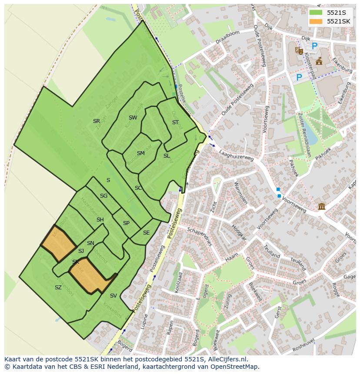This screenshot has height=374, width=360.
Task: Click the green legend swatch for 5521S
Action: pyautogui.click(x=316, y=13)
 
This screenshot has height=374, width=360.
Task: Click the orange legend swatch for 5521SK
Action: pyautogui.click(x=316, y=21)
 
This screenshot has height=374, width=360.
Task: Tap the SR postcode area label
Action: pyautogui.click(x=97, y=121)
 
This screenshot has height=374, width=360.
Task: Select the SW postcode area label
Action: pyautogui.click(x=133, y=118)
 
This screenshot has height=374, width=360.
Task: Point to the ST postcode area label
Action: pyautogui.click(x=175, y=122)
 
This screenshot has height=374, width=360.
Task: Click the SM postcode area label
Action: pyautogui.click(x=140, y=153)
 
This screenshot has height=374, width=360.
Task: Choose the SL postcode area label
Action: pyautogui.click(x=167, y=156)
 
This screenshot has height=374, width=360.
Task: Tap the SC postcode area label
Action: pyautogui.click(x=138, y=188)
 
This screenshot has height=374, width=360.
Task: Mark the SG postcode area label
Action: pyautogui.click(x=103, y=196)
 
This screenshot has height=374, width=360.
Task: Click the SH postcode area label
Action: pyautogui.click(x=100, y=220)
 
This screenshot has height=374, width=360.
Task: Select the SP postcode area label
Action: pyautogui.click(x=126, y=223)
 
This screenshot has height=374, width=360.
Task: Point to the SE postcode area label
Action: pyautogui.click(x=146, y=233)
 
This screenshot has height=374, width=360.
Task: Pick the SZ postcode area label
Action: pyautogui.click(x=58, y=288)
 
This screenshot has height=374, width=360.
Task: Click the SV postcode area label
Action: pyautogui.click(x=113, y=296)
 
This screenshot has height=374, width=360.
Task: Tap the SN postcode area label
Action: pyautogui.click(x=90, y=243)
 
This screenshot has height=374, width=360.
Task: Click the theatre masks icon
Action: pyautogui.click(x=299, y=50)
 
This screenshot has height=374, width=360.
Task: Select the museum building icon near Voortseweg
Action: pyautogui.click(x=322, y=206)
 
